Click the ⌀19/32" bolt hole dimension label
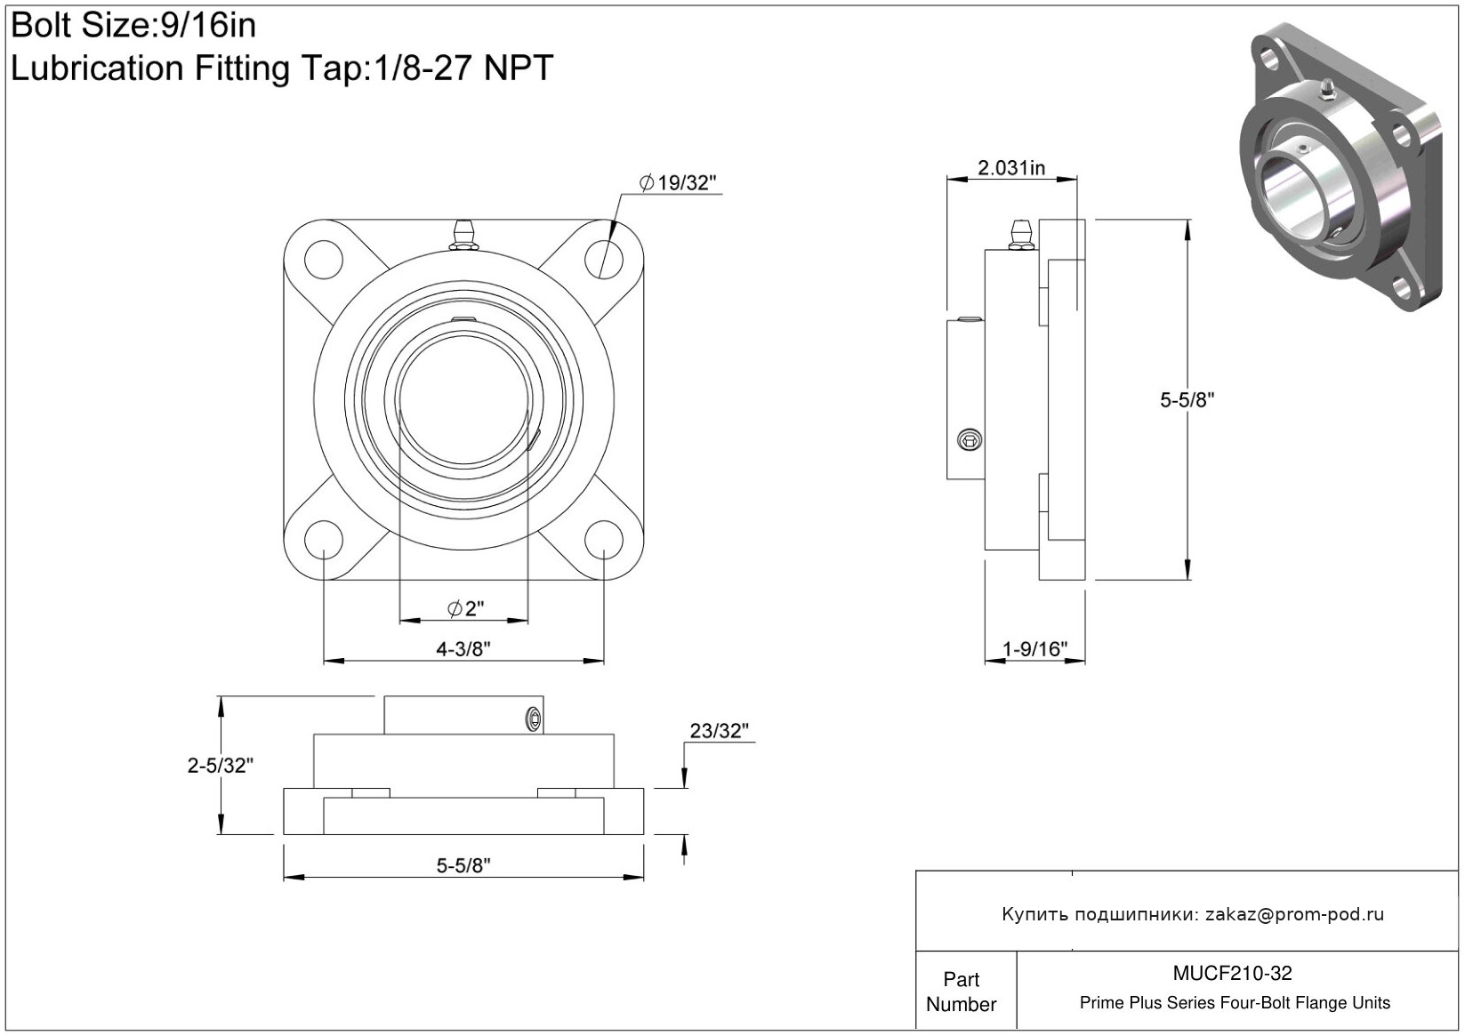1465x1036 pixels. pyautogui.click(x=678, y=183)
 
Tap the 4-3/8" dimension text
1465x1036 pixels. pyautogui.click(x=463, y=649)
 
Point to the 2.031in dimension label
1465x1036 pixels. pyautogui.click(x=1011, y=168)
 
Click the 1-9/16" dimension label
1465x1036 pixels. pyautogui.click(x=1034, y=649)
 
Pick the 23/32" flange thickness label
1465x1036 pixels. pyautogui.click(x=719, y=731)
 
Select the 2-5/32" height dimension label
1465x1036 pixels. pyautogui.click(x=221, y=765)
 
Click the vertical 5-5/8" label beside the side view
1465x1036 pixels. pyautogui.click(x=1187, y=400)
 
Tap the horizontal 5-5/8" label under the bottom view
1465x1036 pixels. pyautogui.click(x=463, y=865)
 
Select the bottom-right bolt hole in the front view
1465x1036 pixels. pyautogui.click(x=604, y=540)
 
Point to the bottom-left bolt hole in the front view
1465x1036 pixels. pyautogui.click(x=323, y=540)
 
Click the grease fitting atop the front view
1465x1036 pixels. pyautogui.click(x=463, y=234)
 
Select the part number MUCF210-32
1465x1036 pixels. pyautogui.click(x=1232, y=974)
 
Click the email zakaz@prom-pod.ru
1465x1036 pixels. pyautogui.click(x=1294, y=914)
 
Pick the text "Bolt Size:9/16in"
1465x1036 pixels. pyautogui.click(x=133, y=26)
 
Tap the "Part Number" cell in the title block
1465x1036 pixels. pyautogui.click(x=961, y=992)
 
